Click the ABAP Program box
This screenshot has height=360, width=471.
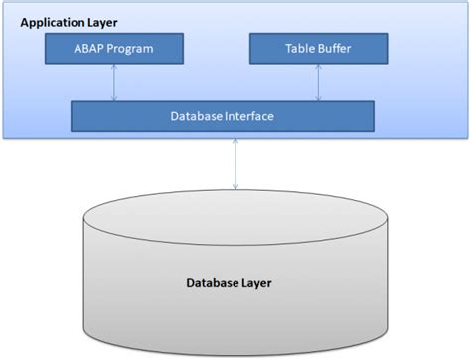tap(114, 47)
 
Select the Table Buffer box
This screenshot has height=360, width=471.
tap(318, 47)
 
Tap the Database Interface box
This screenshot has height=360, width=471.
tap(223, 117)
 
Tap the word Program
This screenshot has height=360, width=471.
tap(130, 47)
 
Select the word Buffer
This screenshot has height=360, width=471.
tap(335, 47)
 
